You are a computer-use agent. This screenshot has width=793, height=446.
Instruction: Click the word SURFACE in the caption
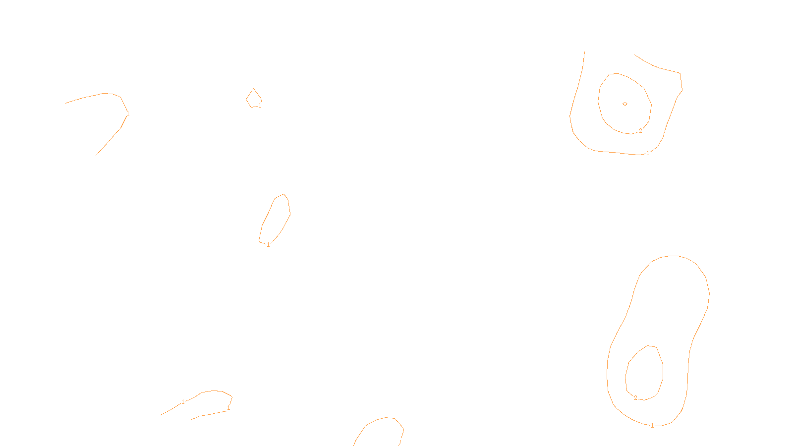click(x=396, y=438)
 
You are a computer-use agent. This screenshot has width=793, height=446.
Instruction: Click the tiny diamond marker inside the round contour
click(x=625, y=104)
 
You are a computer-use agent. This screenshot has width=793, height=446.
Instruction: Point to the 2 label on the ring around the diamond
click(x=640, y=131)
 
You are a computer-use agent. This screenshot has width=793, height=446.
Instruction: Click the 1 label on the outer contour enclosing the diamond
click(x=648, y=153)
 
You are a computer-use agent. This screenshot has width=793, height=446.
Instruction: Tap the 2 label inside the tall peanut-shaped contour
click(x=635, y=398)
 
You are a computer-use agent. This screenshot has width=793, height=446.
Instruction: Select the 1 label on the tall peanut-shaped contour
click(x=652, y=426)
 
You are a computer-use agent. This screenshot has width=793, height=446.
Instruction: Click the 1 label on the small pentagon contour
click(x=260, y=106)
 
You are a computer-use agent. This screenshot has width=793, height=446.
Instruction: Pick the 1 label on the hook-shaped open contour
click(x=128, y=113)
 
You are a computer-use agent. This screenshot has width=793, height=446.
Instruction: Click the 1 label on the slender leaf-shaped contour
click(x=268, y=245)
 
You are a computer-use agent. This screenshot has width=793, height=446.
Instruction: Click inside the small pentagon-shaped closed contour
click(x=254, y=99)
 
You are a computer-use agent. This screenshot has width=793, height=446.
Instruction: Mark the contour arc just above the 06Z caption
click(x=386, y=418)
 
